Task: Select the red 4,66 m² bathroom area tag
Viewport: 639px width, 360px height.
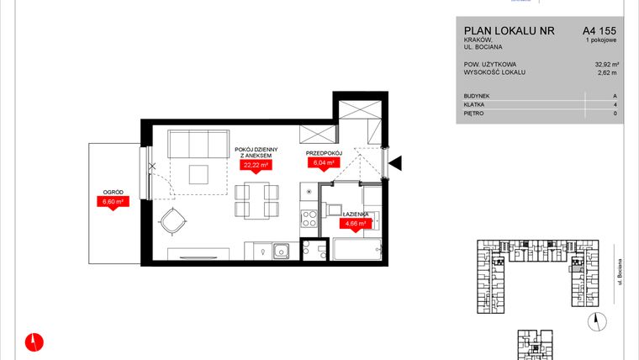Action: pyautogui.click(x=356, y=225)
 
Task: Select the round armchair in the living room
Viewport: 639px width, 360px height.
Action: pyautogui.click(x=174, y=222)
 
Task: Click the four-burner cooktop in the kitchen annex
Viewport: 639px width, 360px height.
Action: pyautogui.click(x=309, y=218)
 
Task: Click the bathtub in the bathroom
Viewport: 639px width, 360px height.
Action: pyautogui.click(x=357, y=251)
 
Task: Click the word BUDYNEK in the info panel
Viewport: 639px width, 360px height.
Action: pyautogui.click(x=476, y=96)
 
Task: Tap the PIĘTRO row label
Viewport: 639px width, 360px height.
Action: pyautogui.click(x=473, y=114)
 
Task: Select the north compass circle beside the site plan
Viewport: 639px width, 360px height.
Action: pyautogui.click(x=598, y=318)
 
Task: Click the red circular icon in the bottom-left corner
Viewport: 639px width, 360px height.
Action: pyautogui.click(x=34, y=341)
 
